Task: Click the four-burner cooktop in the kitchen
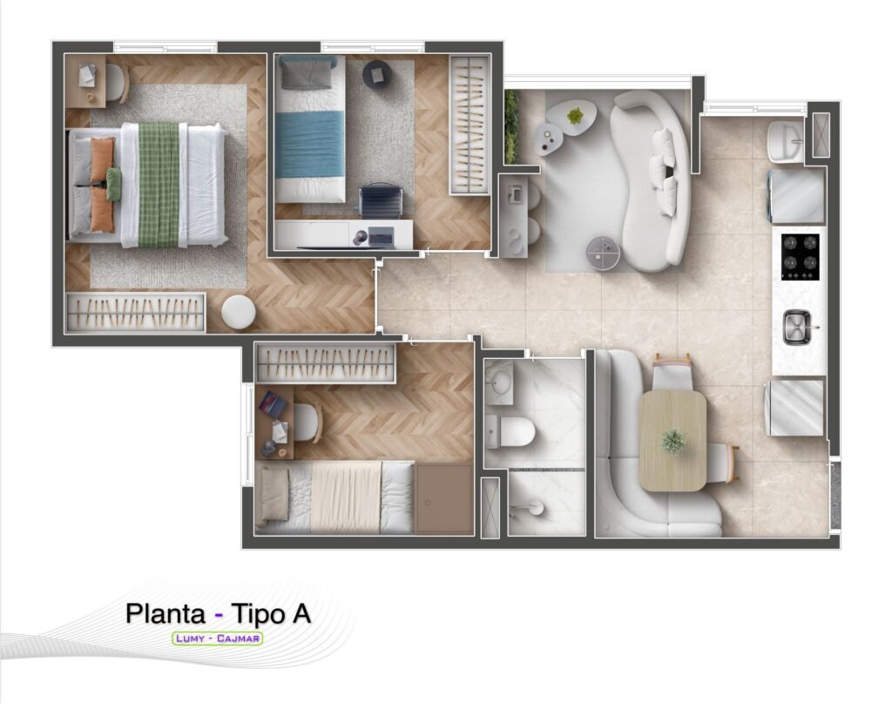[x=801, y=256]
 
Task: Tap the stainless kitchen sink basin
[x=798, y=328]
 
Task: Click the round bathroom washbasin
[x=502, y=382]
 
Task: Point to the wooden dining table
[x=673, y=441]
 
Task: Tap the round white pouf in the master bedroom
[x=239, y=312]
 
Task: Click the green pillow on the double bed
[x=114, y=184]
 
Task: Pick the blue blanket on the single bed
[x=310, y=144]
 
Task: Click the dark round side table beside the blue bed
[x=376, y=73]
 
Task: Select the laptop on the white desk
[x=381, y=235]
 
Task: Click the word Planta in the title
[x=166, y=614]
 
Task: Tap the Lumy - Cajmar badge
[x=217, y=638]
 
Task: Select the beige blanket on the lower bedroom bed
[x=346, y=497]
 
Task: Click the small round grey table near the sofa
[x=604, y=252]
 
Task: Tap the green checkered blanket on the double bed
[x=159, y=185]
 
